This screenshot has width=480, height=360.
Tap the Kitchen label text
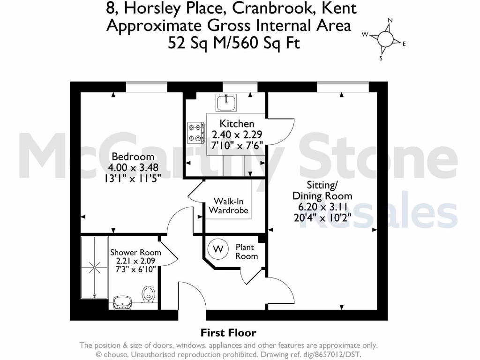click(x=237, y=124)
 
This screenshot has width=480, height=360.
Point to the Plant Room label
click(x=247, y=251)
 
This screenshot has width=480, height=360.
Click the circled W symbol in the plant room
click(x=218, y=248)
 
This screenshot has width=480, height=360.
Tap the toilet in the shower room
click(x=149, y=295)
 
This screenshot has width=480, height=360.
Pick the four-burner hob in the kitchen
click(x=196, y=132)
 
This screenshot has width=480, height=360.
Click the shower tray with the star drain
click(x=95, y=268)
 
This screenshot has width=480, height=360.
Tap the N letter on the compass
click(x=390, y=21)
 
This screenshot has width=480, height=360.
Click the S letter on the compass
click(x=381, y=59)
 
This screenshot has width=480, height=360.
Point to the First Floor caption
click(x=229, y=333)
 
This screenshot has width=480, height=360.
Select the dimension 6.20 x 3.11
click(x=322, y=207)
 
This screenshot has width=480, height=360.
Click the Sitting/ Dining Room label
click(x=322, y=190)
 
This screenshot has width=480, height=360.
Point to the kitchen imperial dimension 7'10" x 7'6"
click(x=237, y=144)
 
